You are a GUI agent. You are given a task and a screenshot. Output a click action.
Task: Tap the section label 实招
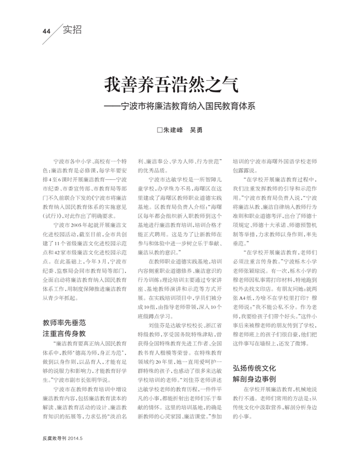click(x=72, y=30)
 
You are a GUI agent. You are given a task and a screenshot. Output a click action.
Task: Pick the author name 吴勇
click(x=196, y=130)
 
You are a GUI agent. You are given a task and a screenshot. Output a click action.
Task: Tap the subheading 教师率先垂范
click(x=64, y=322)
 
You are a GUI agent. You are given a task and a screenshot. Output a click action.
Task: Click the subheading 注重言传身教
click(x=64, y=333)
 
